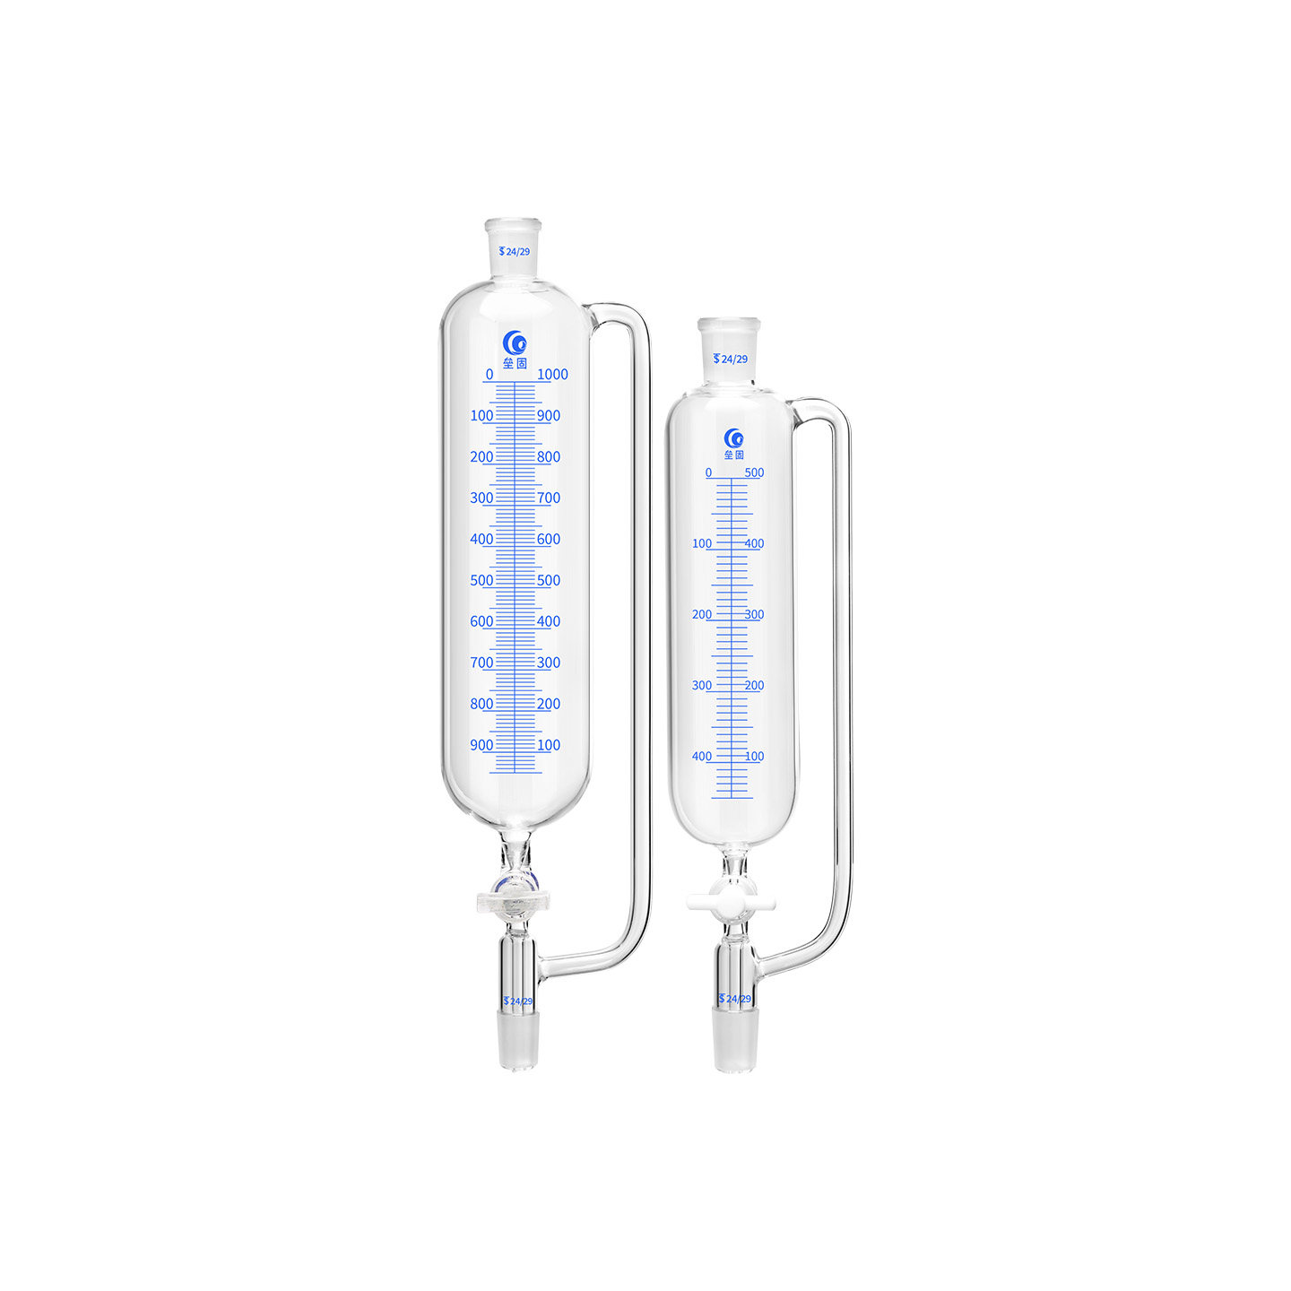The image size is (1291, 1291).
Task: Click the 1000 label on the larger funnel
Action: [x=552, y=375]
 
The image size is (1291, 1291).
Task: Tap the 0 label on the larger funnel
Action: [x=490, y=375]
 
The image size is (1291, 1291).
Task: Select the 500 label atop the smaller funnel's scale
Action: [x=754, y=472]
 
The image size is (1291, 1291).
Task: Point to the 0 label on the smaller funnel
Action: [x=708, y=472]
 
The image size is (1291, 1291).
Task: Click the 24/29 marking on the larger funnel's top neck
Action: [x=514, y=251]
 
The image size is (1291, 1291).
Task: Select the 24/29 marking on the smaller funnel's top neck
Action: [x=731, y=359]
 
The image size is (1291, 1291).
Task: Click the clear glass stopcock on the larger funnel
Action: [x=513, y=900]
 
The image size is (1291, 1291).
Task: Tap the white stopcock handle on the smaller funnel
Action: [x=731, y=903]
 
